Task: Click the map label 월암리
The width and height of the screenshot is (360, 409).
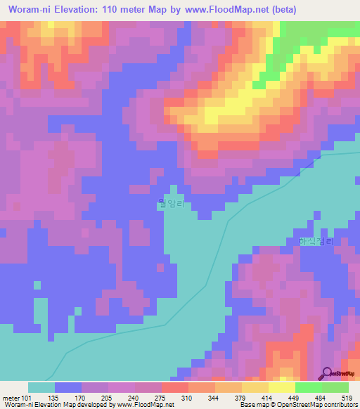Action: click(x=170, y=204)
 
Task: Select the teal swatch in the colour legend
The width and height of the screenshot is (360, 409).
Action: click(x=41, y=387)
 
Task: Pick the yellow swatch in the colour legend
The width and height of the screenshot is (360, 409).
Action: click(x=282, y=387)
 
